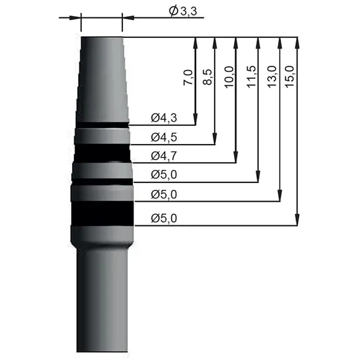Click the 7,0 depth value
[x=188, y=79]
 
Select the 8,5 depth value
[x=208, y=78]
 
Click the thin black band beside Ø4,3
[x=102, y=125]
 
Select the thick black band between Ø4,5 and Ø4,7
[x=102, y=153]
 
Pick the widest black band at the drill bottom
[x=103, y=213]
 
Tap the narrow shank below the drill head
[x=102, y=298]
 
